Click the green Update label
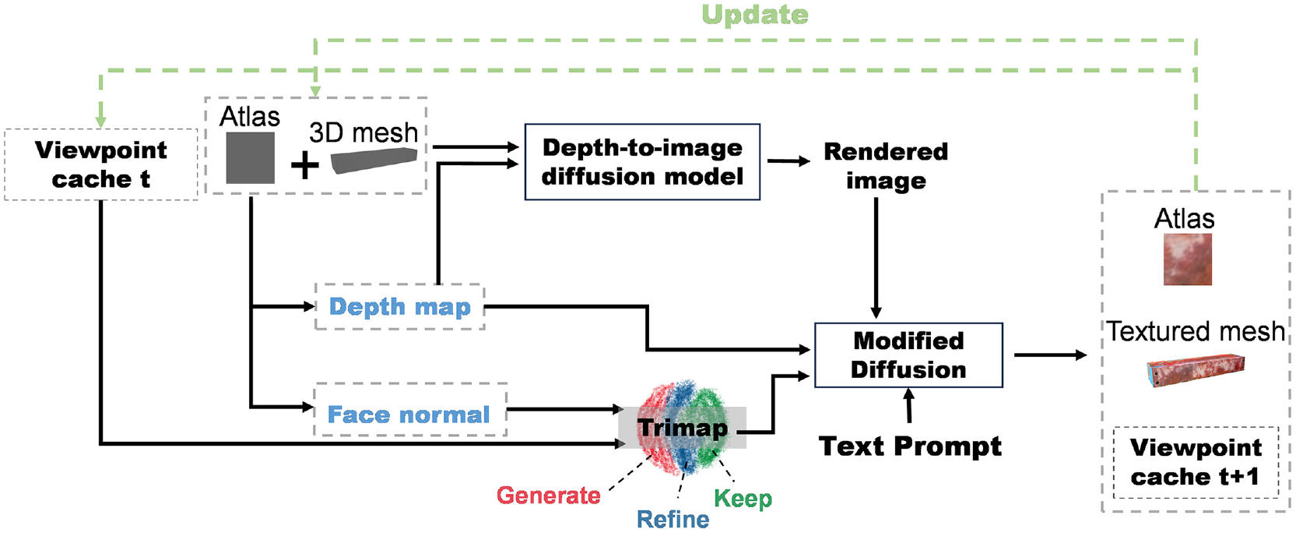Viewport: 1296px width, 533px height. (755, 15)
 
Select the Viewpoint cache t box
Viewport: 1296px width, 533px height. (100, 164)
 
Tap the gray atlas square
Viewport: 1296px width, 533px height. (251, 158)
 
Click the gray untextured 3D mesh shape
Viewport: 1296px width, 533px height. (374, 160)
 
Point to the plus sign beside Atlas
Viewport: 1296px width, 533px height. (304, 166)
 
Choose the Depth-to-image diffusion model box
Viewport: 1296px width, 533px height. (642, 161)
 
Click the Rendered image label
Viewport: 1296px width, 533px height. (886, 166)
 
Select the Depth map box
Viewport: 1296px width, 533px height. (400, 306)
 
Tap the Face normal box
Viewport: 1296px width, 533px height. (410, 410)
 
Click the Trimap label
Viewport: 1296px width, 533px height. (683, 428)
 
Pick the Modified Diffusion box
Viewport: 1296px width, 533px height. (908, 355)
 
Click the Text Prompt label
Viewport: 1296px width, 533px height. (910, 447)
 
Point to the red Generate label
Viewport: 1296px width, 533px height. (549, 496)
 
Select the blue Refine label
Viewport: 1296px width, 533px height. (673, 519)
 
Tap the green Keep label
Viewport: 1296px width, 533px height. (743, 498)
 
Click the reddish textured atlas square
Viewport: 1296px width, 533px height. (1188, 259)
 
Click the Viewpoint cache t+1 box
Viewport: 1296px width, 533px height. (1196, 462)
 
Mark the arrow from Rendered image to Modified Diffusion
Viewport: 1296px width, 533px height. (876, 258)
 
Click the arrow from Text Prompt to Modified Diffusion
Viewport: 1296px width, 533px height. (909, 405)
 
